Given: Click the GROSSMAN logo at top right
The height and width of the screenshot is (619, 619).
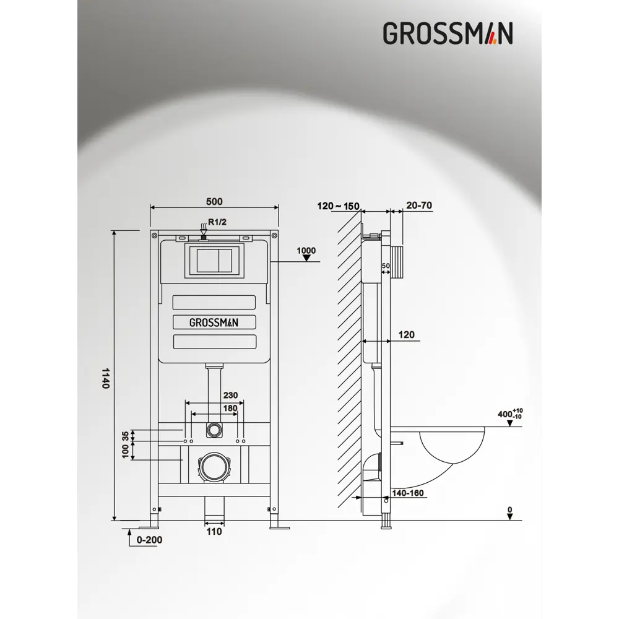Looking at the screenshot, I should pos(448,33).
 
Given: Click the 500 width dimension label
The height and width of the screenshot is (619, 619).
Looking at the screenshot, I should pos(214,201).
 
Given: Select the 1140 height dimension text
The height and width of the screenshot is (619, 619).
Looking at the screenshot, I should pos(105,378).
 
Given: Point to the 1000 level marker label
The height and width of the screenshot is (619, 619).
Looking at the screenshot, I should pos(306,251).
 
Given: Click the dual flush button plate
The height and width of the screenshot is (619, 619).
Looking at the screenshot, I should pos(214,261).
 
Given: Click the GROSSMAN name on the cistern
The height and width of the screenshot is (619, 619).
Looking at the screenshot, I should pos(214,322).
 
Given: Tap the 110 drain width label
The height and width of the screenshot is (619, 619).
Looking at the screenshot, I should pos(214,531).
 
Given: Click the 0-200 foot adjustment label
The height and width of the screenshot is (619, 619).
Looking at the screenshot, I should pos(149,540).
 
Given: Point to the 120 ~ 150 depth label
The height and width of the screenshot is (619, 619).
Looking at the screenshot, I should pos(338,206).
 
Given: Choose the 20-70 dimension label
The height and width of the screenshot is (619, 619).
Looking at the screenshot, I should pos(419,206).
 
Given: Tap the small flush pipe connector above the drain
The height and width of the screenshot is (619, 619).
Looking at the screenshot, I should pos(214,428).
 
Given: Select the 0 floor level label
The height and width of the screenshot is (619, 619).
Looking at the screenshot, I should pos(509,511).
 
